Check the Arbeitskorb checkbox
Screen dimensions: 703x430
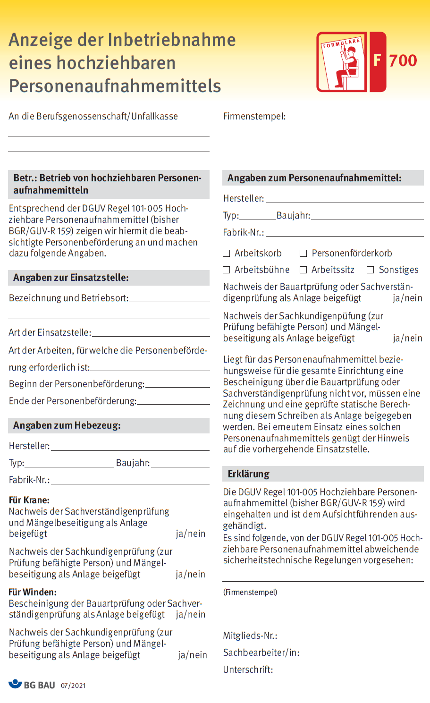tap(227, 254)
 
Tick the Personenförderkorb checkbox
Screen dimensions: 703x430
tap(304, 254)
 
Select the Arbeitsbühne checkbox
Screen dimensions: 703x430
tap(227, 270)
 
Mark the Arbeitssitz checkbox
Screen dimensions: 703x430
tap(304, 270)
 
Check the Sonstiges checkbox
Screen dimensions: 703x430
tap(371, 270)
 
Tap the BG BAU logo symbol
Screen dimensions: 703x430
tap(15, 684)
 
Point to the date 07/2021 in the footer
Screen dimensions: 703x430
tap(73, 686)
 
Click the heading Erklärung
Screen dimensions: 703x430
tap(248, 474)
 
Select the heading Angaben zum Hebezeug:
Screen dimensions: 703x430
tap(67, 425)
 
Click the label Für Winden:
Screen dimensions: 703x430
tap(33, 592)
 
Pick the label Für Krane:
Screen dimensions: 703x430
tap(29, 500)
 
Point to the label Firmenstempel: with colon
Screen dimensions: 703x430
tap(254, 116)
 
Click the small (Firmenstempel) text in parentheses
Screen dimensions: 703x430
tap(250, 592)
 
